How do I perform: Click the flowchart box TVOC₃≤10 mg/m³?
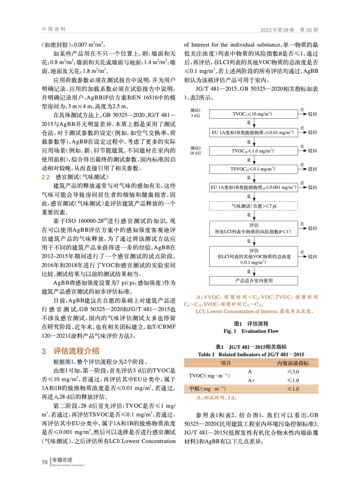point(253,114)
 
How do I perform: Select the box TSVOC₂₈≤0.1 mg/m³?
point(253,169)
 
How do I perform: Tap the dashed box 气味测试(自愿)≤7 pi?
point(253,206)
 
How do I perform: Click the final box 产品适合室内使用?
point(253,281)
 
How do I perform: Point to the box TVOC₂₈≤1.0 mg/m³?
point(253,151)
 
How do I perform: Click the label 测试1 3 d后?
point(196,113)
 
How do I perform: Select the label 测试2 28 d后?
point(196,150)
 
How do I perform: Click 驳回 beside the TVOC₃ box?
point(312,114)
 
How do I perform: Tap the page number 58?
point(45,462)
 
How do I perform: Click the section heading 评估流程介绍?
point(76,351)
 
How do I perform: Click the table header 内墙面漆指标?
point(293,363)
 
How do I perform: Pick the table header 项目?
point(225,363)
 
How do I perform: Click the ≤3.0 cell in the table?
point(293,372)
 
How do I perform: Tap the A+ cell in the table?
point(251,380)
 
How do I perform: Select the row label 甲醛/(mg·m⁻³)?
point(207,389)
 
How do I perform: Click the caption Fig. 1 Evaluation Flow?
point(251,331)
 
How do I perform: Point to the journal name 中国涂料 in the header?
point(54,29)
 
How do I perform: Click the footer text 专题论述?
point(62,460)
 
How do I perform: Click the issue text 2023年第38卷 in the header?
point(277,30)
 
